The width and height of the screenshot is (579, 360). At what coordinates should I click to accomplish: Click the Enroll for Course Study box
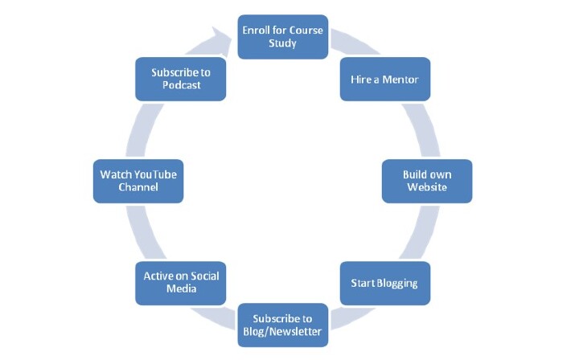(282, 36)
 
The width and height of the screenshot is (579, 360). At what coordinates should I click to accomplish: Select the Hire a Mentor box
(384, 79)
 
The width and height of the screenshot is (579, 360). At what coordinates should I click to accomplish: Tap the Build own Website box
(425, 181)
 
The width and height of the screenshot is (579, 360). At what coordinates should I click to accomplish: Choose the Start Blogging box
(384, 283)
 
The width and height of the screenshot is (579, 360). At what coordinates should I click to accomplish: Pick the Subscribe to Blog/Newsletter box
(282, 325)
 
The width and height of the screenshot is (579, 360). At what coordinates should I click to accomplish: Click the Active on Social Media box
(181, 283)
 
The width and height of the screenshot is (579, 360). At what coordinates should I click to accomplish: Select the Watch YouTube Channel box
(138, 181)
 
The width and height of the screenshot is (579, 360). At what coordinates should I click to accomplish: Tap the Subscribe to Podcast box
(181, 79)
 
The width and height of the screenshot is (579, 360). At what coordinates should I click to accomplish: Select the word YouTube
(158, 174)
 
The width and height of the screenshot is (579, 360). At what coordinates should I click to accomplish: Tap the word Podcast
(181, 86)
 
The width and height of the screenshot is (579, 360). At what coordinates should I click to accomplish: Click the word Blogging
(398, 284)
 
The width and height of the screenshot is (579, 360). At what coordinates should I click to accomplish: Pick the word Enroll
(257, 30)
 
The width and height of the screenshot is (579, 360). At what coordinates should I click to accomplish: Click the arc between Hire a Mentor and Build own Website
(419, 129)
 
